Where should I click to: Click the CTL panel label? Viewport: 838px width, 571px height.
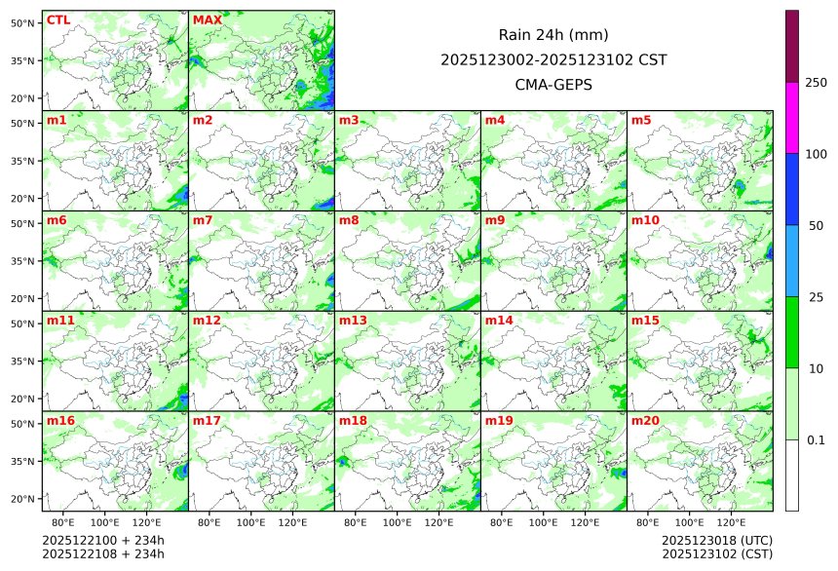click(58, 20)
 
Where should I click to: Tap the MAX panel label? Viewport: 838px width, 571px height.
click(208, 20)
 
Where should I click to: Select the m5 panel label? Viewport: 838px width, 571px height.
click(641, 121)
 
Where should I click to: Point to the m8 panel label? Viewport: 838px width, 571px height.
click(349, 220)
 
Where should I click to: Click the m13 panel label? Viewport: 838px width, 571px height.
click(353, 321)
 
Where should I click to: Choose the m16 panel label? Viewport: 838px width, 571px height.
click(60, 421)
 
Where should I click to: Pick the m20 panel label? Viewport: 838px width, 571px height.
click(645, 421)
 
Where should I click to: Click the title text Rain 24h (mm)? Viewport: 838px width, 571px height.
click(553, 35)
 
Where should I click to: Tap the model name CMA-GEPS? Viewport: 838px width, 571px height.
click(553, 85)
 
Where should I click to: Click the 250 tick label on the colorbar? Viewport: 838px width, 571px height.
click(816, 82)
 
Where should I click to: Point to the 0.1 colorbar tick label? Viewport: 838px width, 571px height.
click(816, 439)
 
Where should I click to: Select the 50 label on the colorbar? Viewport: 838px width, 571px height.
click(816, 225)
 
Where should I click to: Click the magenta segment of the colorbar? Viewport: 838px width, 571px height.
click(792, 118)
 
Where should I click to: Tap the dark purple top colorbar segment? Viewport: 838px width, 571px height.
click(792, 46)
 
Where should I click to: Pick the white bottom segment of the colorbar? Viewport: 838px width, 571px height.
click(792, 475)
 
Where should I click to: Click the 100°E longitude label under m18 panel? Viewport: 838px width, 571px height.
click(398, 522)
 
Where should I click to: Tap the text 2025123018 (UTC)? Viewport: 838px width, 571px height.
click(716, 540)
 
